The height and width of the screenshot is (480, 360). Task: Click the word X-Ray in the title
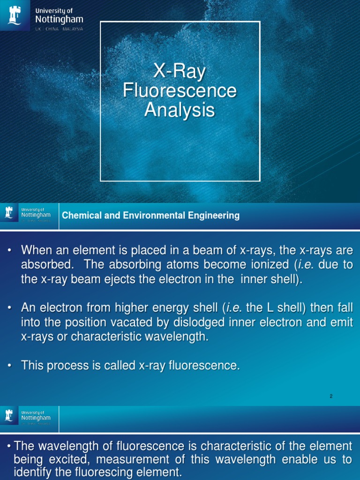(180, 72)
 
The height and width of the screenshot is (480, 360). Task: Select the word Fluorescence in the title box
(180, 91)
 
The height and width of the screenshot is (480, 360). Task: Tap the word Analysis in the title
(180, 111)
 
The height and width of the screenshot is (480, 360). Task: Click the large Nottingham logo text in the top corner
(60, 19)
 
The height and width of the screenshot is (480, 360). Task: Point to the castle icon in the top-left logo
(14, 16)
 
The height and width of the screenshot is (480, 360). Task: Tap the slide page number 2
(331, 396)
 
